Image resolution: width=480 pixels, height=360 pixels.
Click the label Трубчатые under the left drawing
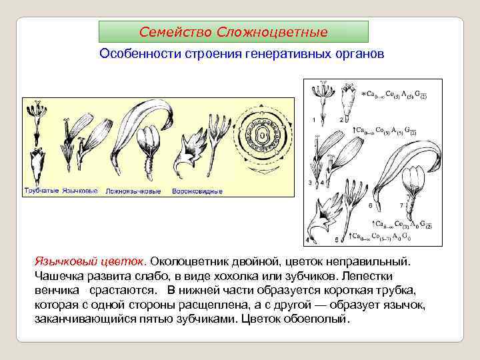coord(41,191)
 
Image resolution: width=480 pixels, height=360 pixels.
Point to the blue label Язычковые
coord(80,191)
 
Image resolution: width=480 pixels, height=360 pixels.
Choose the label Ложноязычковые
coord(133,191)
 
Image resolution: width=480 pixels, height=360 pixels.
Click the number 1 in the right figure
coord(314,119)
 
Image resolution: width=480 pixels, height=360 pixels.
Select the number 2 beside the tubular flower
coord(341,119)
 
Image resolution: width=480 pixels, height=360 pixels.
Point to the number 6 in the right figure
coord(371,206)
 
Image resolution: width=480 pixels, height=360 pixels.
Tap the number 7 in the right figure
coord(401,206)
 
